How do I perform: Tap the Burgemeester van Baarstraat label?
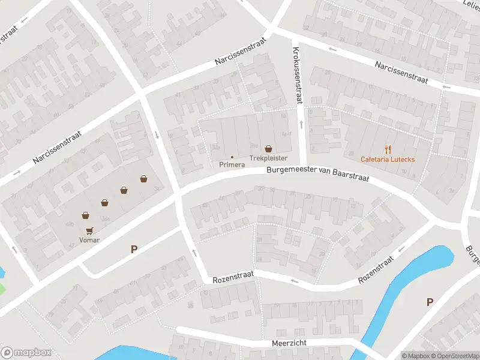tap(318, 174)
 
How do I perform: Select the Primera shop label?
tap(232, 164)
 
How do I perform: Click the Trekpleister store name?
tap(268, 158)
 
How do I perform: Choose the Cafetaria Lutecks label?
tap(387, 159)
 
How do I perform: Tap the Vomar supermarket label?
tap(89, 240)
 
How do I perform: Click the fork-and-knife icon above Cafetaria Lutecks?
tap(388, 149)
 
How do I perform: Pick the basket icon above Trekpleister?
tap(268, 148)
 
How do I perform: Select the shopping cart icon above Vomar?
tap(89, 230)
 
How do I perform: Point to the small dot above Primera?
tap(232, 157)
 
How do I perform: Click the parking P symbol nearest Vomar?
tap(134, 249)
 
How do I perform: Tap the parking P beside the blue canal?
tap(430, 302)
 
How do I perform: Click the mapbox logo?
tap(26, 353)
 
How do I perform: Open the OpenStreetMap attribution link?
tap(456, 356)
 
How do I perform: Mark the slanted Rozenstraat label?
tap(376, 270)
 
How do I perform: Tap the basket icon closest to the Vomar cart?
tap(85, 215)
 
